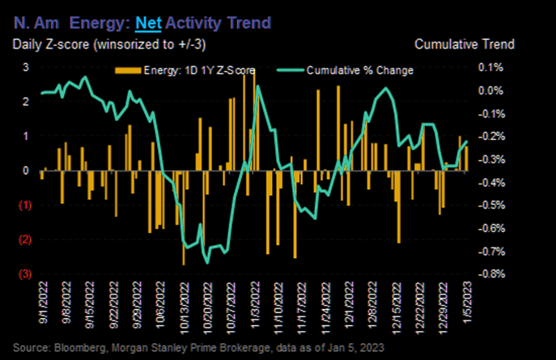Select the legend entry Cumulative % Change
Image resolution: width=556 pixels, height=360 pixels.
(x=359, y=70)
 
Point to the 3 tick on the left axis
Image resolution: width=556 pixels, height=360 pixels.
(x=25, y=67)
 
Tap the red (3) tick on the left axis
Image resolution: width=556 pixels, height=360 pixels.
(x=24, y=274)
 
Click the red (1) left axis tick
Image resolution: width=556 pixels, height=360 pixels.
(x=24, y=205)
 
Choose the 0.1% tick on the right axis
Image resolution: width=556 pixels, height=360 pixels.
(x=491, y=67)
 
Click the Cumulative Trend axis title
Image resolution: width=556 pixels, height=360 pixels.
(x=464, y=44)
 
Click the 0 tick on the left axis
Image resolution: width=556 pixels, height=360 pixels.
(x=25, y=171)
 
